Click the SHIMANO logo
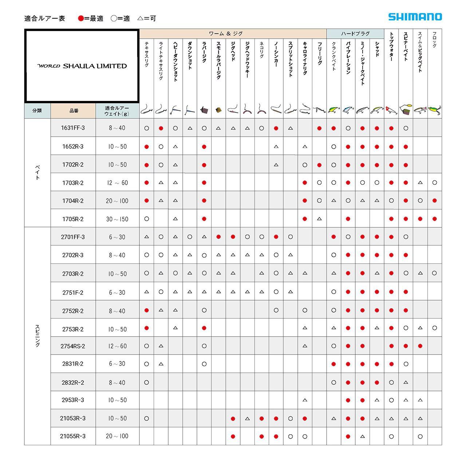tap(415, 17)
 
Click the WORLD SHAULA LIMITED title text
tap(82, 66)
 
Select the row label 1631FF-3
tap(73, 128)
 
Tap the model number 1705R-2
tap(73, 219)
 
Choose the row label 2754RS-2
tap(73, 346)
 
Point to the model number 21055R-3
tap(73, 436)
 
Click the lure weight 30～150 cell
tap(117, 219)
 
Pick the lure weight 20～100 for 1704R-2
tap(117, 201)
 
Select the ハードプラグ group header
tap(355, 34)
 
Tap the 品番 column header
tap(74, 111)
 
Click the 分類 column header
tap(37, 111)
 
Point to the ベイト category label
tap(37, 172)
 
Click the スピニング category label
tap(37, 336)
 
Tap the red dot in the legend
tap(81, 18)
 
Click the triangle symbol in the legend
tap(141, 18)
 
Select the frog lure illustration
tap(434, 110)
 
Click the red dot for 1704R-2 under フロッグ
tap(434, 201)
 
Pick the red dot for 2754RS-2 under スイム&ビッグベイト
tap(420, 346)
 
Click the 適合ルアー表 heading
tap(44, 18)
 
